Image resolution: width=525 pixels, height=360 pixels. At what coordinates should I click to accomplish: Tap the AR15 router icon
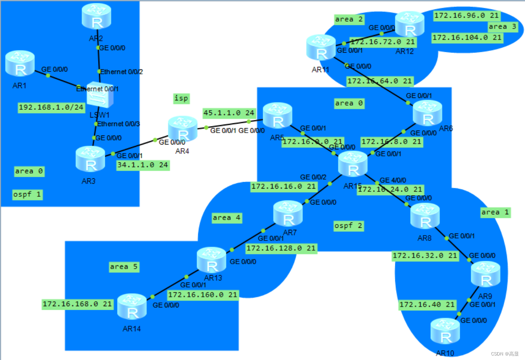tap(353, 165)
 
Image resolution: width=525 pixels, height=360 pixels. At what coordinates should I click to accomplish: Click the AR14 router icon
tap(132, 307)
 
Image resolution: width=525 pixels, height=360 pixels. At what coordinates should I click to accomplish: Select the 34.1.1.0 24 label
tap(143, 165)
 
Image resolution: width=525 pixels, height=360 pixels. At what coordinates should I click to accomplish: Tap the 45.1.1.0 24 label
tap(229, 112)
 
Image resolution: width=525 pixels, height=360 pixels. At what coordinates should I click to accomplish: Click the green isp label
tap(182, 98)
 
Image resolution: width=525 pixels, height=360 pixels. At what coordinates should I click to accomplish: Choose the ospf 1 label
tap(27, 194)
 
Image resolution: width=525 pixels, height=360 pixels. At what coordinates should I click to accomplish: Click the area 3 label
tap(502, 27)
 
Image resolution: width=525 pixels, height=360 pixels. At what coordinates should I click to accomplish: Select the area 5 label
tap(124, 267)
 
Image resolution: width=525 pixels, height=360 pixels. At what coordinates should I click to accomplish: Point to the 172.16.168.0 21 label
tap(77, 304)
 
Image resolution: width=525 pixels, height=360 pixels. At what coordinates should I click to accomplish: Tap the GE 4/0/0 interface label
tap(393, 180)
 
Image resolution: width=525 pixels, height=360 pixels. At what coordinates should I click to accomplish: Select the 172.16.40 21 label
tap(427, 304)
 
